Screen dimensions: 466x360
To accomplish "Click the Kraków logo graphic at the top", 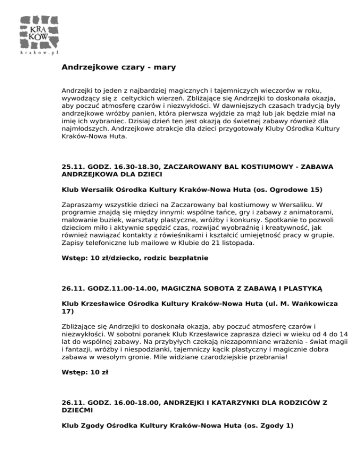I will click(40, 31).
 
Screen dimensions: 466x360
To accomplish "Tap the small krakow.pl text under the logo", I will click(39, 53).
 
